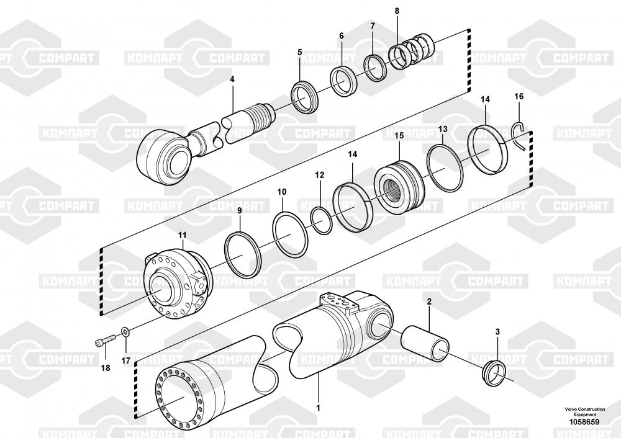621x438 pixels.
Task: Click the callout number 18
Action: click(105, 368)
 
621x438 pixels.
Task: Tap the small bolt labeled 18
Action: click(106, 341)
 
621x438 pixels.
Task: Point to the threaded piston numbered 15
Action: click(397, 184)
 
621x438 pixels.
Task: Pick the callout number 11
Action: click(182, 235)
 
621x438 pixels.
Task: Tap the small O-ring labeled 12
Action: click(321, 221)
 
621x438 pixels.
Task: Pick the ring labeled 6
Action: click(343, 80)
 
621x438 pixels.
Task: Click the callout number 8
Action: click(397, 11)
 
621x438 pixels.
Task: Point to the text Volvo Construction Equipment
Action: click(582, 412)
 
